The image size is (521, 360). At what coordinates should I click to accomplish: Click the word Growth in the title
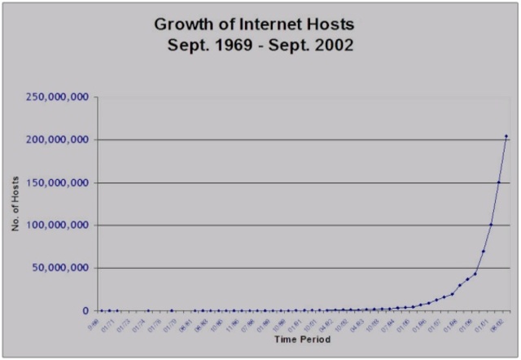tap(182, 24)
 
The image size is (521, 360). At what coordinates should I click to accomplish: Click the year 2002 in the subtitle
tap(334, 46)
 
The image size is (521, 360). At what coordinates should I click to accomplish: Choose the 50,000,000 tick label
tap(63, 268)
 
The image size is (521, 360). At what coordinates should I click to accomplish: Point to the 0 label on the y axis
tap(85, 310)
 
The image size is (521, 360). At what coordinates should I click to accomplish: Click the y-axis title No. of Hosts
tap(15, 204)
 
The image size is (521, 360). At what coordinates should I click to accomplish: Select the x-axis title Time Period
tap(302, 339)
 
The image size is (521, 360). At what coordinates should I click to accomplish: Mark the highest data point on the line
tap(506, 136)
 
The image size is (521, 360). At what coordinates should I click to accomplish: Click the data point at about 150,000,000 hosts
tap(498, 182)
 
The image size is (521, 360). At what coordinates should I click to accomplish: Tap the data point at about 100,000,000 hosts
tap(491, 225)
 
